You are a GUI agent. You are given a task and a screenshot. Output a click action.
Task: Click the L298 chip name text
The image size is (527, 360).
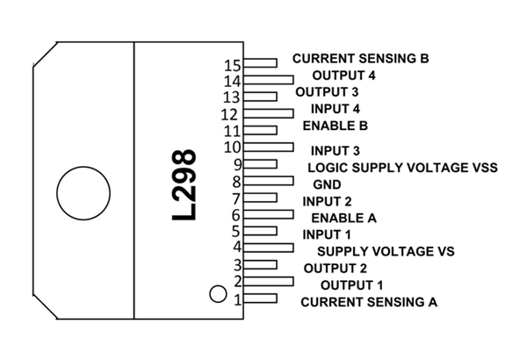(185, 184)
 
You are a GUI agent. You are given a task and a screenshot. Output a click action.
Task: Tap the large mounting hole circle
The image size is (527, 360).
(78, 192)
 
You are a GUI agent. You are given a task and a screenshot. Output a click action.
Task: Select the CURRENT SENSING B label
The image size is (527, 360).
(360, 59)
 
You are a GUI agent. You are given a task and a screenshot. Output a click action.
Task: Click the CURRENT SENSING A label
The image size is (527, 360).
(369, 302)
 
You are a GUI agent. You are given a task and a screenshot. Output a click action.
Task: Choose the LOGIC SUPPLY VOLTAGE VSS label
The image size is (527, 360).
(402, 167)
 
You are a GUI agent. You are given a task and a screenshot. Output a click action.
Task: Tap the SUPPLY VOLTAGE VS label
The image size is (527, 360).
(386, 251)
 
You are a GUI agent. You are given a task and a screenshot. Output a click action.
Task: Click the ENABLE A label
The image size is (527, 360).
(343, 216)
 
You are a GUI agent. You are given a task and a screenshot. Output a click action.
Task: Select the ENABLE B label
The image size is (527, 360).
(335, 126)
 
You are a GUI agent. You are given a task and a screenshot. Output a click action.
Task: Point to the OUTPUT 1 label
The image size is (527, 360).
(352, 285)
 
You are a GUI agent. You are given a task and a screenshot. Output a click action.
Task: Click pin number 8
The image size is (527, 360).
(236, 182)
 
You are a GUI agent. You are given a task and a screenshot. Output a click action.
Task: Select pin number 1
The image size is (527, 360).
(237, 299)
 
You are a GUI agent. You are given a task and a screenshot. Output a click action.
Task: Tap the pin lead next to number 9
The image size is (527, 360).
(261, 163)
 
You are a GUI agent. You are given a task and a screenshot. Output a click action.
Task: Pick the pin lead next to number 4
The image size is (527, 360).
(269, 248)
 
